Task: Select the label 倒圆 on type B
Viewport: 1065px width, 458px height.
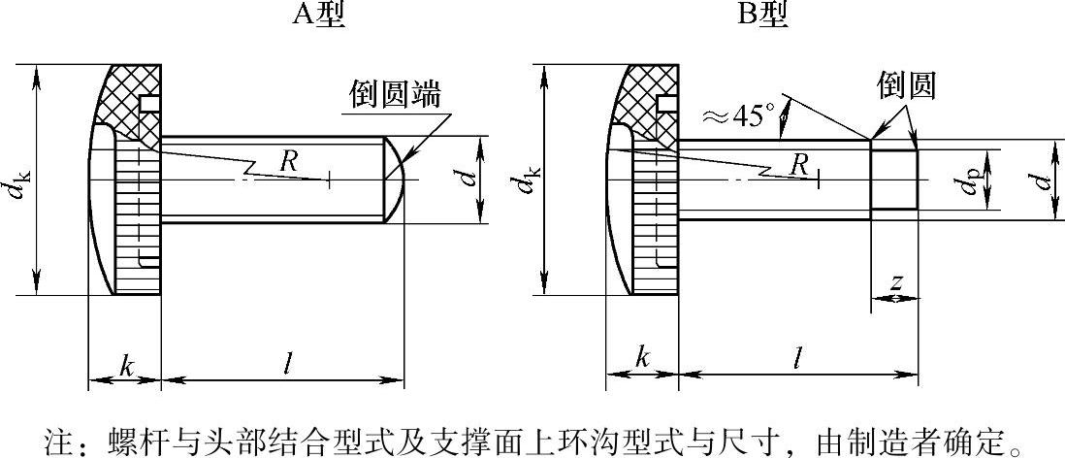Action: coord(906,85)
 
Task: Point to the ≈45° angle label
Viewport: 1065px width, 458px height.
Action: coord(739,116)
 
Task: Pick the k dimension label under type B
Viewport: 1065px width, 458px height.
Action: coord(642,357)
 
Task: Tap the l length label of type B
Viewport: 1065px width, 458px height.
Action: coord(796,357)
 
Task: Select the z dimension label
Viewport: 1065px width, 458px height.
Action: coord(896,282)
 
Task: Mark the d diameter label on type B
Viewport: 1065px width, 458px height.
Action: coord(1043,180)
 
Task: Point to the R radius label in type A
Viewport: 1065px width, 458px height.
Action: coord(288,161)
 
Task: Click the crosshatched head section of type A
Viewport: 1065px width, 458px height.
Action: coord(126,102)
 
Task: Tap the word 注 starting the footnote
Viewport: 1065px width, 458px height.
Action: coord(60,442)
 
